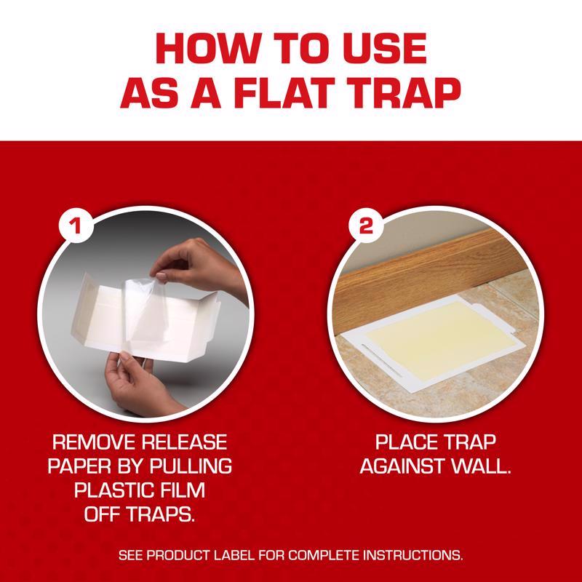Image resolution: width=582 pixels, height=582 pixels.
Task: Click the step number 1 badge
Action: pos(76,225)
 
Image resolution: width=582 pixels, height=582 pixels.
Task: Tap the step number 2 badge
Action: pos(366,225)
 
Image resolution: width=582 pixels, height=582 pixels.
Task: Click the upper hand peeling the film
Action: pos(201,266)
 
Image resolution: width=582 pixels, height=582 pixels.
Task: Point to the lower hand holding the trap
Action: pos(139,384)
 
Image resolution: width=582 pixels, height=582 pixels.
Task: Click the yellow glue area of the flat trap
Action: pos(437,340)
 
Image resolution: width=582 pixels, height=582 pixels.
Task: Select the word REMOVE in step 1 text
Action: pos(94,442)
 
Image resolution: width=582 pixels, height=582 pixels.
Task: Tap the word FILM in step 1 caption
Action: pos(182,490)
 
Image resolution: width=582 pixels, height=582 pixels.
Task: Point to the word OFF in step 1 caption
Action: pos(103,514)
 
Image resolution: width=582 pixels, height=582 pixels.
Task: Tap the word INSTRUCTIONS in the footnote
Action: pos(412,556)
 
